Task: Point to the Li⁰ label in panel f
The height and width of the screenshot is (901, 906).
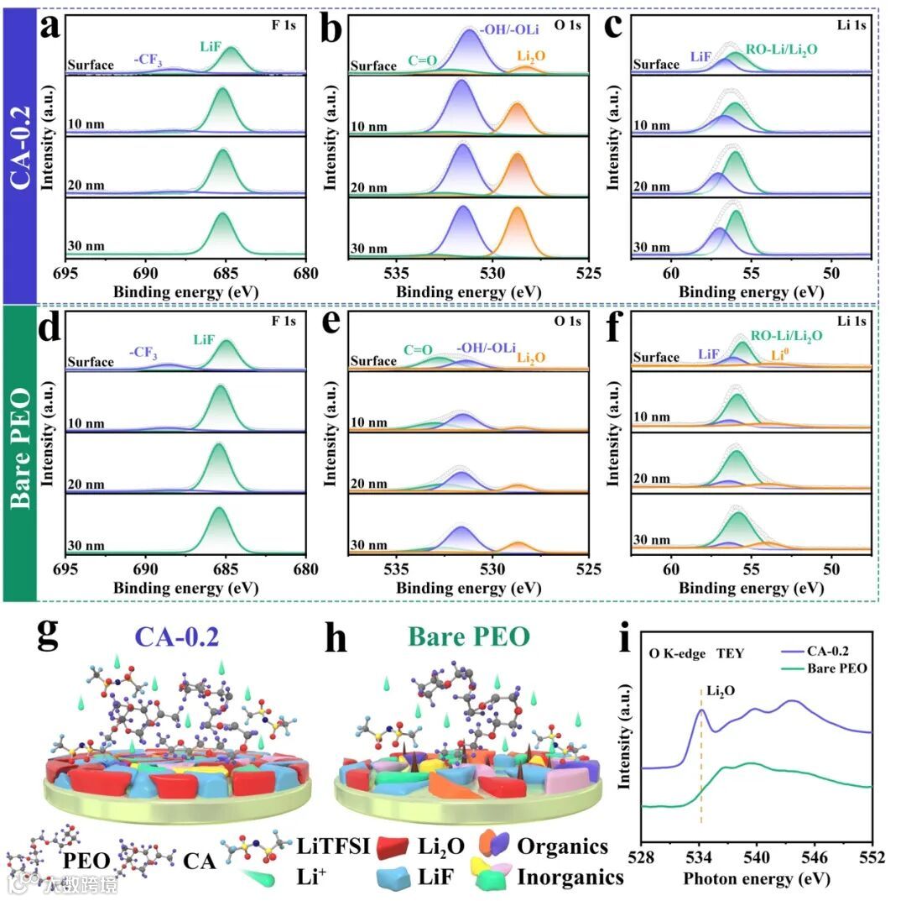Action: (x=780, y=355)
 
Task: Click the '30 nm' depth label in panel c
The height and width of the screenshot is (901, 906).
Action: (x=651, y=248)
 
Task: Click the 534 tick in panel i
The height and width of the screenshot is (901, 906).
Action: (x=700, y=859)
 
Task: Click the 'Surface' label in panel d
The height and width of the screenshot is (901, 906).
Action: (x=91, y=362)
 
